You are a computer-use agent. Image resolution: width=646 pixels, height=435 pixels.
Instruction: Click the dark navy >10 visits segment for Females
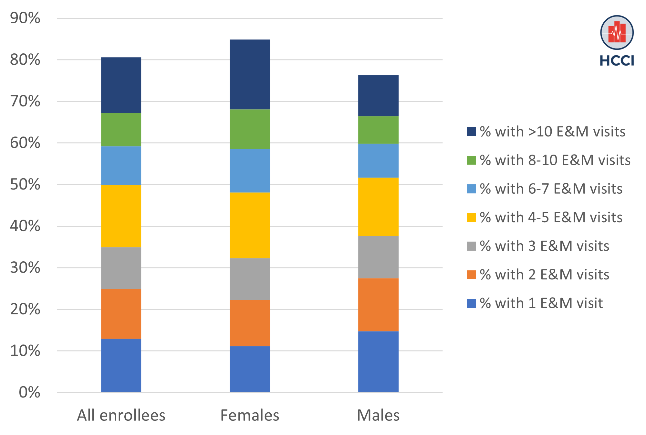click(x=250, y=74)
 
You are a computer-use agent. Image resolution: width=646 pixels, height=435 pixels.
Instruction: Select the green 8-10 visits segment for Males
click(x=378, y=130)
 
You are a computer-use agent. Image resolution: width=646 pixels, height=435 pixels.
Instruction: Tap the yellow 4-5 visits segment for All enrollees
click(x=121, y=216)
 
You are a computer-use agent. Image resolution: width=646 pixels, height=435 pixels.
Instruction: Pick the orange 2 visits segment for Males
click(x=378, y=305)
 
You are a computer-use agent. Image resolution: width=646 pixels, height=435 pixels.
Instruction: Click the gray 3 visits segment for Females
click(x=250, y=279)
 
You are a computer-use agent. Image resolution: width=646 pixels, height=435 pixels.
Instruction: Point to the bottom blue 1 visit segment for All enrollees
click(x=121, y=365)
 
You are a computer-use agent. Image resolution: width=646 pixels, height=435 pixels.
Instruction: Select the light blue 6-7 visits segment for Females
click(x=250, y=170)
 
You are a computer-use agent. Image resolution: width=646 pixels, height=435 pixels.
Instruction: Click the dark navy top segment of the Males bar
click(x=378, y=96)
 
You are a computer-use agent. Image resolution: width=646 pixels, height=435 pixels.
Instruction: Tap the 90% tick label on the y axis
click(x=25, y=18)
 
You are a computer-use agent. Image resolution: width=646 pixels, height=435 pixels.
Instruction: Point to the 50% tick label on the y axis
click(x=25, y=185)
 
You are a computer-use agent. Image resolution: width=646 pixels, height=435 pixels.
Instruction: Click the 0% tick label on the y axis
click(x=29, y=392)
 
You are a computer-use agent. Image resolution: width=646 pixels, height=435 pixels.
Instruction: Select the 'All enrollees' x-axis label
click(x=121, y=415)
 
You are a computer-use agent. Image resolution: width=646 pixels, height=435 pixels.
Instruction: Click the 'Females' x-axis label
click(x=250, y=415)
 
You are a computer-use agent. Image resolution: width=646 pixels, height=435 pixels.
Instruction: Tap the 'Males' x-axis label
click(x=378, y=415)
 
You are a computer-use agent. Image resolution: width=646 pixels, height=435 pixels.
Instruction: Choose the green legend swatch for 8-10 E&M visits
click(x=471, y=160)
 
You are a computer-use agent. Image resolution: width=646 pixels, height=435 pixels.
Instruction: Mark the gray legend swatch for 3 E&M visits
click(x=471, y=246)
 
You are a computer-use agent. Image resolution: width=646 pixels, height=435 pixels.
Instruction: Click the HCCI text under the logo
click(x=617, y=61)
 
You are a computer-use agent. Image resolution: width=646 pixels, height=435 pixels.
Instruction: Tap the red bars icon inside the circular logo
click(x=617, y=32)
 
